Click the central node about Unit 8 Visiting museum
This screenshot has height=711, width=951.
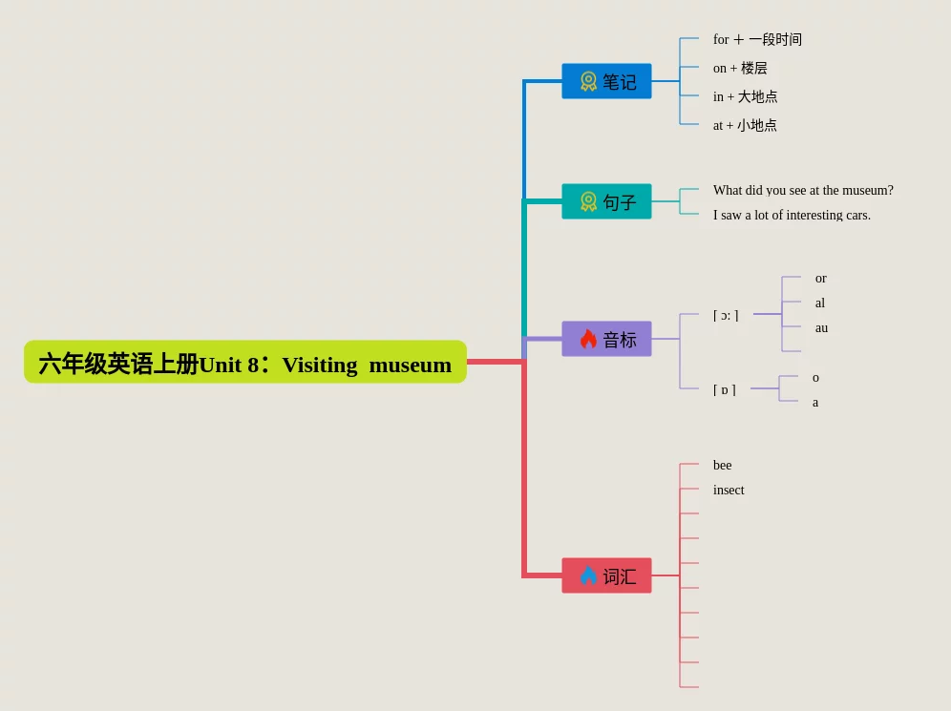click(245, 363)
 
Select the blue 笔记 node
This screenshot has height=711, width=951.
click(606, 81)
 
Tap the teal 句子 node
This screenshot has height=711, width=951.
click(606, 201)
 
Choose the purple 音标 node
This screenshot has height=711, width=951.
click(606, 339)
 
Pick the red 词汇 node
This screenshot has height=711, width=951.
click(606, 575)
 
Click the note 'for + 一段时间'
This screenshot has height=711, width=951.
click(757, 39)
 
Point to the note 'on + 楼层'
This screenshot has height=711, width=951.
click(740, 68)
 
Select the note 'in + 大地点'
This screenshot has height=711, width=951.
click(745, 96)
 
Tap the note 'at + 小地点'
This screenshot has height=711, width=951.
click(745, 125)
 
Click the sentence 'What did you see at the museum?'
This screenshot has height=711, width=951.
click(803, 190)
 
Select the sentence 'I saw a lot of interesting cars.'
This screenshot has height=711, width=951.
click(792, 215)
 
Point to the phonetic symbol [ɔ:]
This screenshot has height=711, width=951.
click(726, 315)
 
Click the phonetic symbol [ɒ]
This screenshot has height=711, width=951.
click(725, 389)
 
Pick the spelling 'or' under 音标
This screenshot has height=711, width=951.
click(821, 278)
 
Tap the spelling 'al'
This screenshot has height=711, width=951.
click(820, 303)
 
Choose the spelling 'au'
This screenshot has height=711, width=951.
click(821, 327)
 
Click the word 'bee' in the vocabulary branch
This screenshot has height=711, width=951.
click(723, 465)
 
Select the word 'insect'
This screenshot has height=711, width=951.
click(729, 490)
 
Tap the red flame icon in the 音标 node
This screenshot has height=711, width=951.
click(588, 339)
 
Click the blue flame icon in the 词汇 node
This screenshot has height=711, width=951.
click(588, 575)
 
